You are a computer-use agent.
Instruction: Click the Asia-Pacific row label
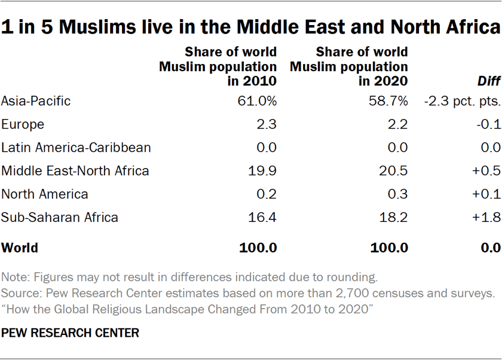[x=36, y=101]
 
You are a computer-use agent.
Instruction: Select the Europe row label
[x=23, y=124]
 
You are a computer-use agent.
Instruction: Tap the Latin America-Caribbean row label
[x=76, y=148]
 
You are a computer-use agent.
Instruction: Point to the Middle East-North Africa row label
[x=75, y=171]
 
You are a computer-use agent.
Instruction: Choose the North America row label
[x=45, y=194]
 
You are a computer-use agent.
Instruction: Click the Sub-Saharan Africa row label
[x=60, y=218]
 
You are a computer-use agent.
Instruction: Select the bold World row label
[x=20, y=248]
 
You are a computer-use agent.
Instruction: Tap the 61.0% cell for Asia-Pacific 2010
[x=258, y=101]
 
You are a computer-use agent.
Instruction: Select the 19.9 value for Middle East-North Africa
[x=264, y=171]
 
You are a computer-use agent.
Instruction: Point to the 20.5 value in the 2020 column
[x=396, y=171]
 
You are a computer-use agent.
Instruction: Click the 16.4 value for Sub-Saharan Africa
[x=264, y=218]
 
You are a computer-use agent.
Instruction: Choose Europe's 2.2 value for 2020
[x=399, y=124]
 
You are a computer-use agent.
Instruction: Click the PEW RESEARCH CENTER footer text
[x=70, y=333]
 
